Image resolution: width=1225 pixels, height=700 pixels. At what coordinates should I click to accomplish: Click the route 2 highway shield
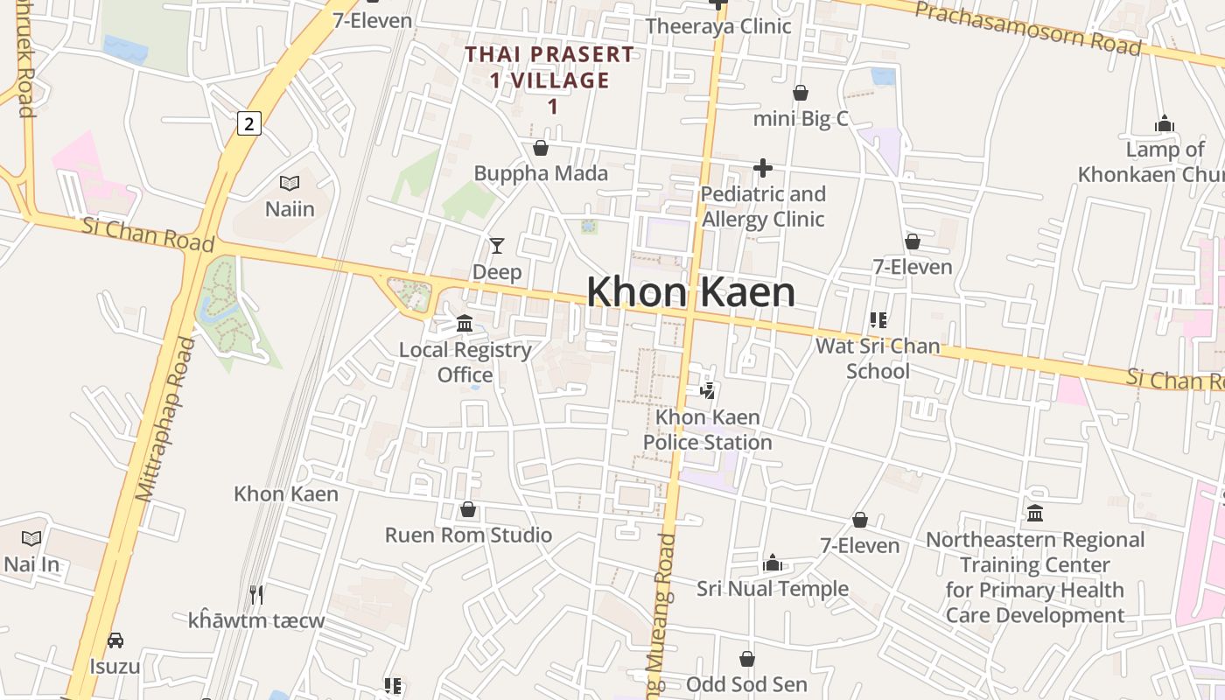pos(249,123)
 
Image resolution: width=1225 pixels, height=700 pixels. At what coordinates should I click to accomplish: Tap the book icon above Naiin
pos(290,183)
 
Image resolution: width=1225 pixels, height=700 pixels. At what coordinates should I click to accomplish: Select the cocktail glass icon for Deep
pos(497,246)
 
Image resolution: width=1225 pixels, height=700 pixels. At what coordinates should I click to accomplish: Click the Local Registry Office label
pos(465,362)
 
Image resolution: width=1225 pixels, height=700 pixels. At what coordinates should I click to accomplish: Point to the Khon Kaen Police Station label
pos(708,430)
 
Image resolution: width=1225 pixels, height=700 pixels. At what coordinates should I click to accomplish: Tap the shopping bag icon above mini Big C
pos(801,93)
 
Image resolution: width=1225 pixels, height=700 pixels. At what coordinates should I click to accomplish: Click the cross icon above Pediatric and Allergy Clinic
pos(763,167)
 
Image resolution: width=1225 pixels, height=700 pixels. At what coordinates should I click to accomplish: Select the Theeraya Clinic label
pos(718,26)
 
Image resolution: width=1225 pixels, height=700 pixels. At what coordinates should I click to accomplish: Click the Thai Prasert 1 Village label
pos(549,80)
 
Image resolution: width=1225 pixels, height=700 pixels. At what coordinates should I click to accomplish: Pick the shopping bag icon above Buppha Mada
pos(541,148)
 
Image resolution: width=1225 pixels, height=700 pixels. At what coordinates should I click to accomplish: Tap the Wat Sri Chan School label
pos(878,358)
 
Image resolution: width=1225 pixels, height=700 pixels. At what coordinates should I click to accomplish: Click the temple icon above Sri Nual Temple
pos(773,563)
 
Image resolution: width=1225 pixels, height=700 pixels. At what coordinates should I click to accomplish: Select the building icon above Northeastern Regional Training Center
pos(1035,513)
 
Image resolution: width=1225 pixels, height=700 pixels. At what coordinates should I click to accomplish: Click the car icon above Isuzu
pos(115,640)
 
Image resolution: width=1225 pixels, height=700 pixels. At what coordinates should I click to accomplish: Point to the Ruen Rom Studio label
pos(469,535)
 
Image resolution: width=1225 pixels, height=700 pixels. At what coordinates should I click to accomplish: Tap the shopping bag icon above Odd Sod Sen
pos(747,659)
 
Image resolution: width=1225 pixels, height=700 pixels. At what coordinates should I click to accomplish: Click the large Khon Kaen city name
pos(690,292)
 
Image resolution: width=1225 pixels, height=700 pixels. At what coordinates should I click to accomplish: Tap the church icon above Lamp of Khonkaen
pos(1164,124)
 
